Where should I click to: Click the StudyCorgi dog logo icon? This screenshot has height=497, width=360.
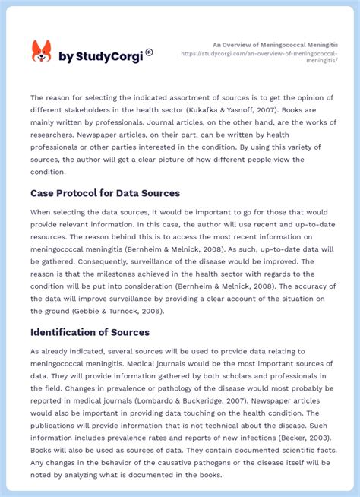41,52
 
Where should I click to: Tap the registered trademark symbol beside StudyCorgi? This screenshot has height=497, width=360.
149,52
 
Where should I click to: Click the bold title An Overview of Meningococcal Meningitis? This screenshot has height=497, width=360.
276,45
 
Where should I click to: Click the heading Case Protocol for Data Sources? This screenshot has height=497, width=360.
105,193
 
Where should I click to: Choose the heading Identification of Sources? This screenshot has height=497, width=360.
90,332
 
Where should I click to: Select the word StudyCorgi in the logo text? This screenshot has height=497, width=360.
106,56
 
